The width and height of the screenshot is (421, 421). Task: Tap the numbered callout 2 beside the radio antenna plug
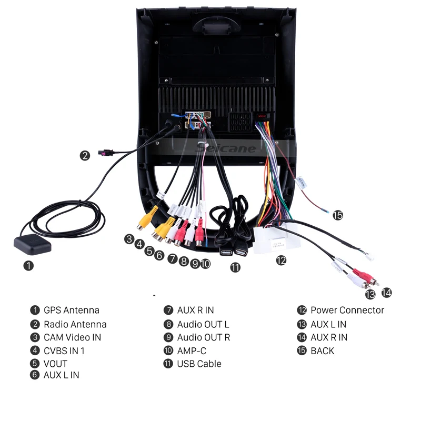pos(85,155)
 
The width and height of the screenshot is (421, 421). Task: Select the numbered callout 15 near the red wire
pos(337,215)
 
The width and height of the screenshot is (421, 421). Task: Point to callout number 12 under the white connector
pos(281,260)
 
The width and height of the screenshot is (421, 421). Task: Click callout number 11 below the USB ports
pos(235,267)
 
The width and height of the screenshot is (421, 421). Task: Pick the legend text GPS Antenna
pos(71,310)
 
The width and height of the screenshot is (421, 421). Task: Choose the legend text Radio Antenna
pos(75,324)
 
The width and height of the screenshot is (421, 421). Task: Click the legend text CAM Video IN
pos(72,337)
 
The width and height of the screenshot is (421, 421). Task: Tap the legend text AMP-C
pos(192,350)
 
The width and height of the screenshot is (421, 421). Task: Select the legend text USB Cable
pos(199,364)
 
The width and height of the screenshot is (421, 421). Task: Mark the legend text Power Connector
pos(347,310)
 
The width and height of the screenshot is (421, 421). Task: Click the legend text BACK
pos(322,350)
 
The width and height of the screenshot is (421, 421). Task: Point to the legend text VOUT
pos(55,364)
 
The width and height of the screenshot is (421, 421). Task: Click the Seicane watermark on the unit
pos(226,148)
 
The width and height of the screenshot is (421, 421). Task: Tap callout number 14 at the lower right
pos(387,293)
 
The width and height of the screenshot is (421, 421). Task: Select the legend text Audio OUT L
pos(203,324)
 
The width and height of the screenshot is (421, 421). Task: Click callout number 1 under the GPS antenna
pos(28,266)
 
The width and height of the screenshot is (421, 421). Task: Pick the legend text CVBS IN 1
pos(64,350)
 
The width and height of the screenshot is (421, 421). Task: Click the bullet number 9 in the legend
pos(168,337)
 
